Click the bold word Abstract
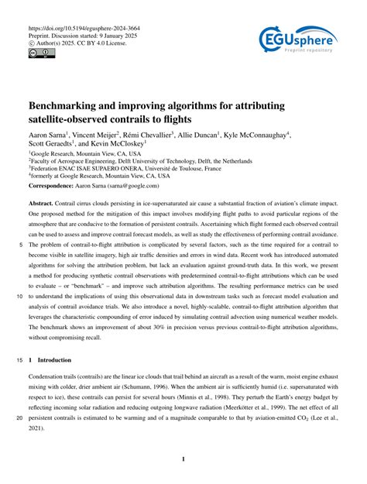pos(41,203)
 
